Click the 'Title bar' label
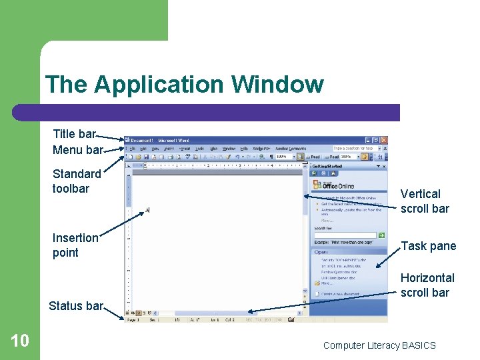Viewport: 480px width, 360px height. click(75, 134)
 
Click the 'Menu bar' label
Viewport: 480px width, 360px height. click(77, 149)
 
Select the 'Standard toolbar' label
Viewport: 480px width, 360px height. click(77, 181)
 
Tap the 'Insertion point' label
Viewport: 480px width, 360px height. click(75, 245)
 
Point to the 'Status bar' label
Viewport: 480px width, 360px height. click(75, 306)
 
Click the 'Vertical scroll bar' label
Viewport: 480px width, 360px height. click(425, 201)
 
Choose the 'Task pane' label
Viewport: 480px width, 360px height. click(428, 246)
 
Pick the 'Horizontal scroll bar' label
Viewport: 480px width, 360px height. click(427, 285)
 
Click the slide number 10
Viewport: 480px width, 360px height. click(20, 341)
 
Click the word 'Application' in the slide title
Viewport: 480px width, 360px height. click(159, 85)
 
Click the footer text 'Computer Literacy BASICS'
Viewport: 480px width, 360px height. click(379, 345)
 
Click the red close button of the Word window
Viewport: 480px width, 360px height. click(383, 140)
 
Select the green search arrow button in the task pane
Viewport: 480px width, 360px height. click(382, 235)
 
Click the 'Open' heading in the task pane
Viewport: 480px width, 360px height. click(321, 252)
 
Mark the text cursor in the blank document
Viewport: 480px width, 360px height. click(147, 211)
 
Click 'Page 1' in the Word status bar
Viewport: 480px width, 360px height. click(133, 320)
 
